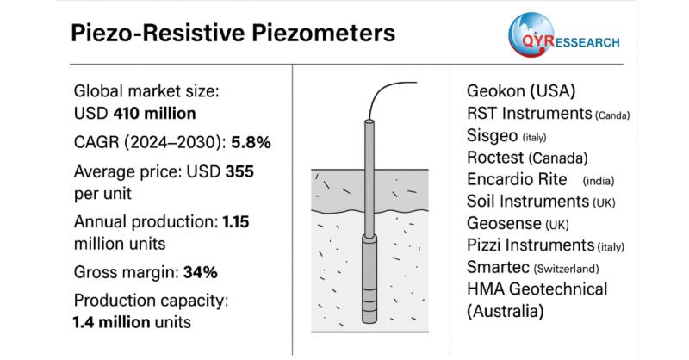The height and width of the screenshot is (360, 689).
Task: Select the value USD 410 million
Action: pos(134,113)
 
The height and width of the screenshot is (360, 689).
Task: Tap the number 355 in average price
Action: pos(239,171)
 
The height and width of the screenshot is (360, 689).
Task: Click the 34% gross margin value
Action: pos(198,272)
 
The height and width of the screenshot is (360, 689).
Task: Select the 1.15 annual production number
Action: pos(236,221)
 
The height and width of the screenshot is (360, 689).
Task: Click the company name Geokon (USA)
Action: pos(520,91)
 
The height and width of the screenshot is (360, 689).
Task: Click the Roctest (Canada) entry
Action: pos(527,158)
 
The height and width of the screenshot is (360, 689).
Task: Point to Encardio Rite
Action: pos(516,180)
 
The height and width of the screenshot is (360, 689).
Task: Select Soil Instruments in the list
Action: pos(526,202)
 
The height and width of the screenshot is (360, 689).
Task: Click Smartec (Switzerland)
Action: pos(496,267)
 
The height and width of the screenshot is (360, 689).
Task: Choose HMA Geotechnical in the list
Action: pos(537,289)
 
